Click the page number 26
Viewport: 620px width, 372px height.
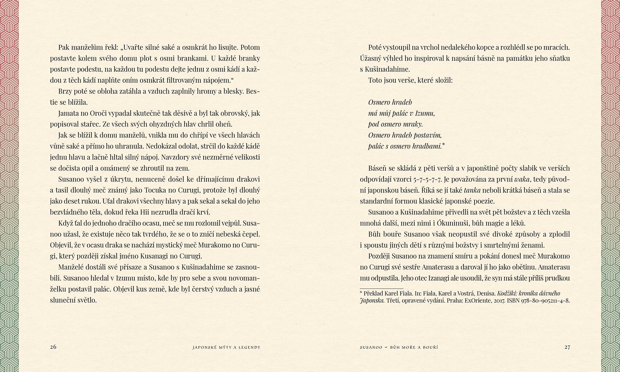point(53,347)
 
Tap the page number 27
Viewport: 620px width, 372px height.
point(567,347)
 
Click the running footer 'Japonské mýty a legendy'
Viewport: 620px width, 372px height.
point(226,347)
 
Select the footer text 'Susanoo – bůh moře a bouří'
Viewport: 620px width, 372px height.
point(399,347)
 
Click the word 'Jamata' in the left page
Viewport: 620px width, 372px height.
point(67,113)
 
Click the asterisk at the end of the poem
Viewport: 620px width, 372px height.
point(443,145)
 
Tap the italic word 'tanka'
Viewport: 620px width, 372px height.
point(472,190)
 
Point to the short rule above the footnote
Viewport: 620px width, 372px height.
point(381,288)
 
